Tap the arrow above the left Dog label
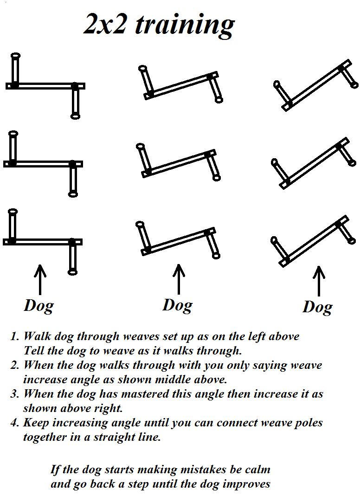tap(40, 280)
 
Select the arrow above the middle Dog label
tap(179, 279)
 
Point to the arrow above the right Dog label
tap(319, 281)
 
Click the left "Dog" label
tap(39, 306)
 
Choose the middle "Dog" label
tap(178, 306)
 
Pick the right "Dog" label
tap(317, 307)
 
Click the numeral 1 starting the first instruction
tap(13, 336)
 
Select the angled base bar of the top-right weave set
tap(317, 85)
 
